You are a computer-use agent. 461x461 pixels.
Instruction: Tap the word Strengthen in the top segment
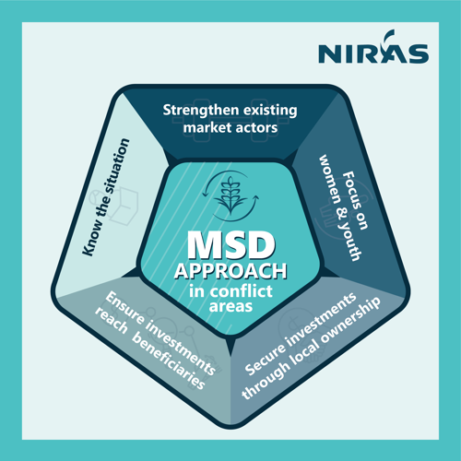tap(201, 111)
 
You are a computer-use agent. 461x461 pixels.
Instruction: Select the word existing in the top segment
tap(270, 111)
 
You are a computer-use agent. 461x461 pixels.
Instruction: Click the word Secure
tap(266, 360)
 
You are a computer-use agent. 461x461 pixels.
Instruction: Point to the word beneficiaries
tap(169, 361)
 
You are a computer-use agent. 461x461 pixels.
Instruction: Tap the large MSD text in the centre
tap(231, 244)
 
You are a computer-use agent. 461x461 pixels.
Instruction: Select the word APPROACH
tap(230, 271)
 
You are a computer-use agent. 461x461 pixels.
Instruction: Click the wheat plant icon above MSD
tap(230, 195)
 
